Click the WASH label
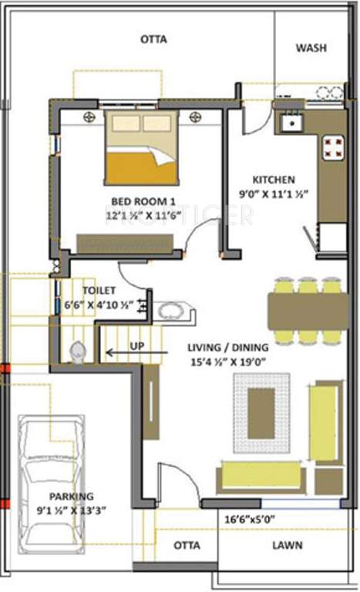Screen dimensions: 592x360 [311, 48]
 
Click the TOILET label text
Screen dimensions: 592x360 [100, 291]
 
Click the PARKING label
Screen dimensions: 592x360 [70, 496]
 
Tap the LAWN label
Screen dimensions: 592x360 [286, 546]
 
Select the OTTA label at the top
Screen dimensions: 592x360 [153, 39]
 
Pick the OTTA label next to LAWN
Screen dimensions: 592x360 [186, 546]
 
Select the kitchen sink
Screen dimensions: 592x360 [292, 122]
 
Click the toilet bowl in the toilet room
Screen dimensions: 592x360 [77, 351]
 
